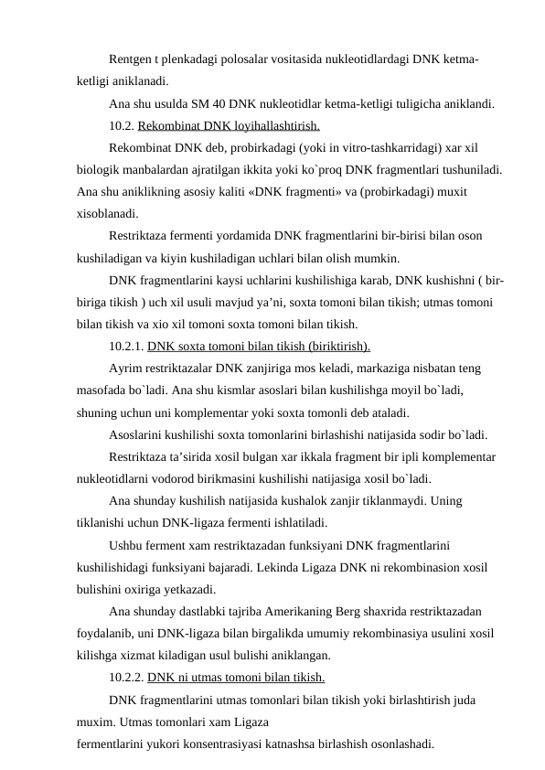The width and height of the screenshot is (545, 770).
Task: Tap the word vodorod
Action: [187, 477]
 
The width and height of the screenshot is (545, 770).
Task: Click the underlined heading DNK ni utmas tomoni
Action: [236, 678]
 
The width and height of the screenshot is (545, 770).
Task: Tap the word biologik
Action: [98, 169]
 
